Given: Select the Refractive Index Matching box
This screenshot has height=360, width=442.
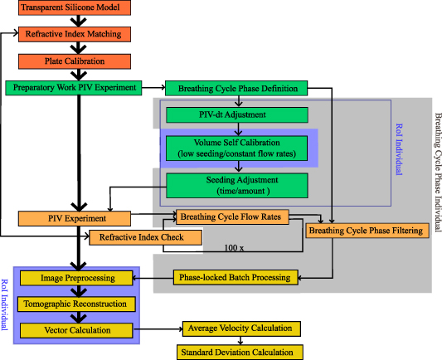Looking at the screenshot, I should click(x=74, y=35).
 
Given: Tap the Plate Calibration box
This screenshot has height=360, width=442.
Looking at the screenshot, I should click(x=74, y=61).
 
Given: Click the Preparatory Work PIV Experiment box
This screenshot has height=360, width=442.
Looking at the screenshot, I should click(x=74, y=86).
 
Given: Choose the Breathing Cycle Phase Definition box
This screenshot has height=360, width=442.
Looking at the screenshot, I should click(x=237, y=88).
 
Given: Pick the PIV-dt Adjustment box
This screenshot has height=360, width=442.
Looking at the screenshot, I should click(x=237, y=115).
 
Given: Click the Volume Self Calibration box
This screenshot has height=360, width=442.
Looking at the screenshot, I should click(x=237, y=147).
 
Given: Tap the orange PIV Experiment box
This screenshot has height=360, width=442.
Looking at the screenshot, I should click(x=75, y=218).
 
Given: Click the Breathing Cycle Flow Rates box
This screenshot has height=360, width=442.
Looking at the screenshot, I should click(x=231, y=217).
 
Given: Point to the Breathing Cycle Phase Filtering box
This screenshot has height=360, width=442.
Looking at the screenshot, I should click(x=366, y=230).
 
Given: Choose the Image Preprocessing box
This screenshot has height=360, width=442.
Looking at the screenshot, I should click(x=77, y=278).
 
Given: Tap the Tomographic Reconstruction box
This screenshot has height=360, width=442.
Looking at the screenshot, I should click(x=77, y=304).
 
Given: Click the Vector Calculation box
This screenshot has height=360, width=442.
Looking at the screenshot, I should click(x=77, y=329).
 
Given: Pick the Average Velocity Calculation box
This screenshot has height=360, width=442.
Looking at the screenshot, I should click(x=241, y=328).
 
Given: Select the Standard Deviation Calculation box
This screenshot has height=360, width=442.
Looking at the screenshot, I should click(x=238, y=353).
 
